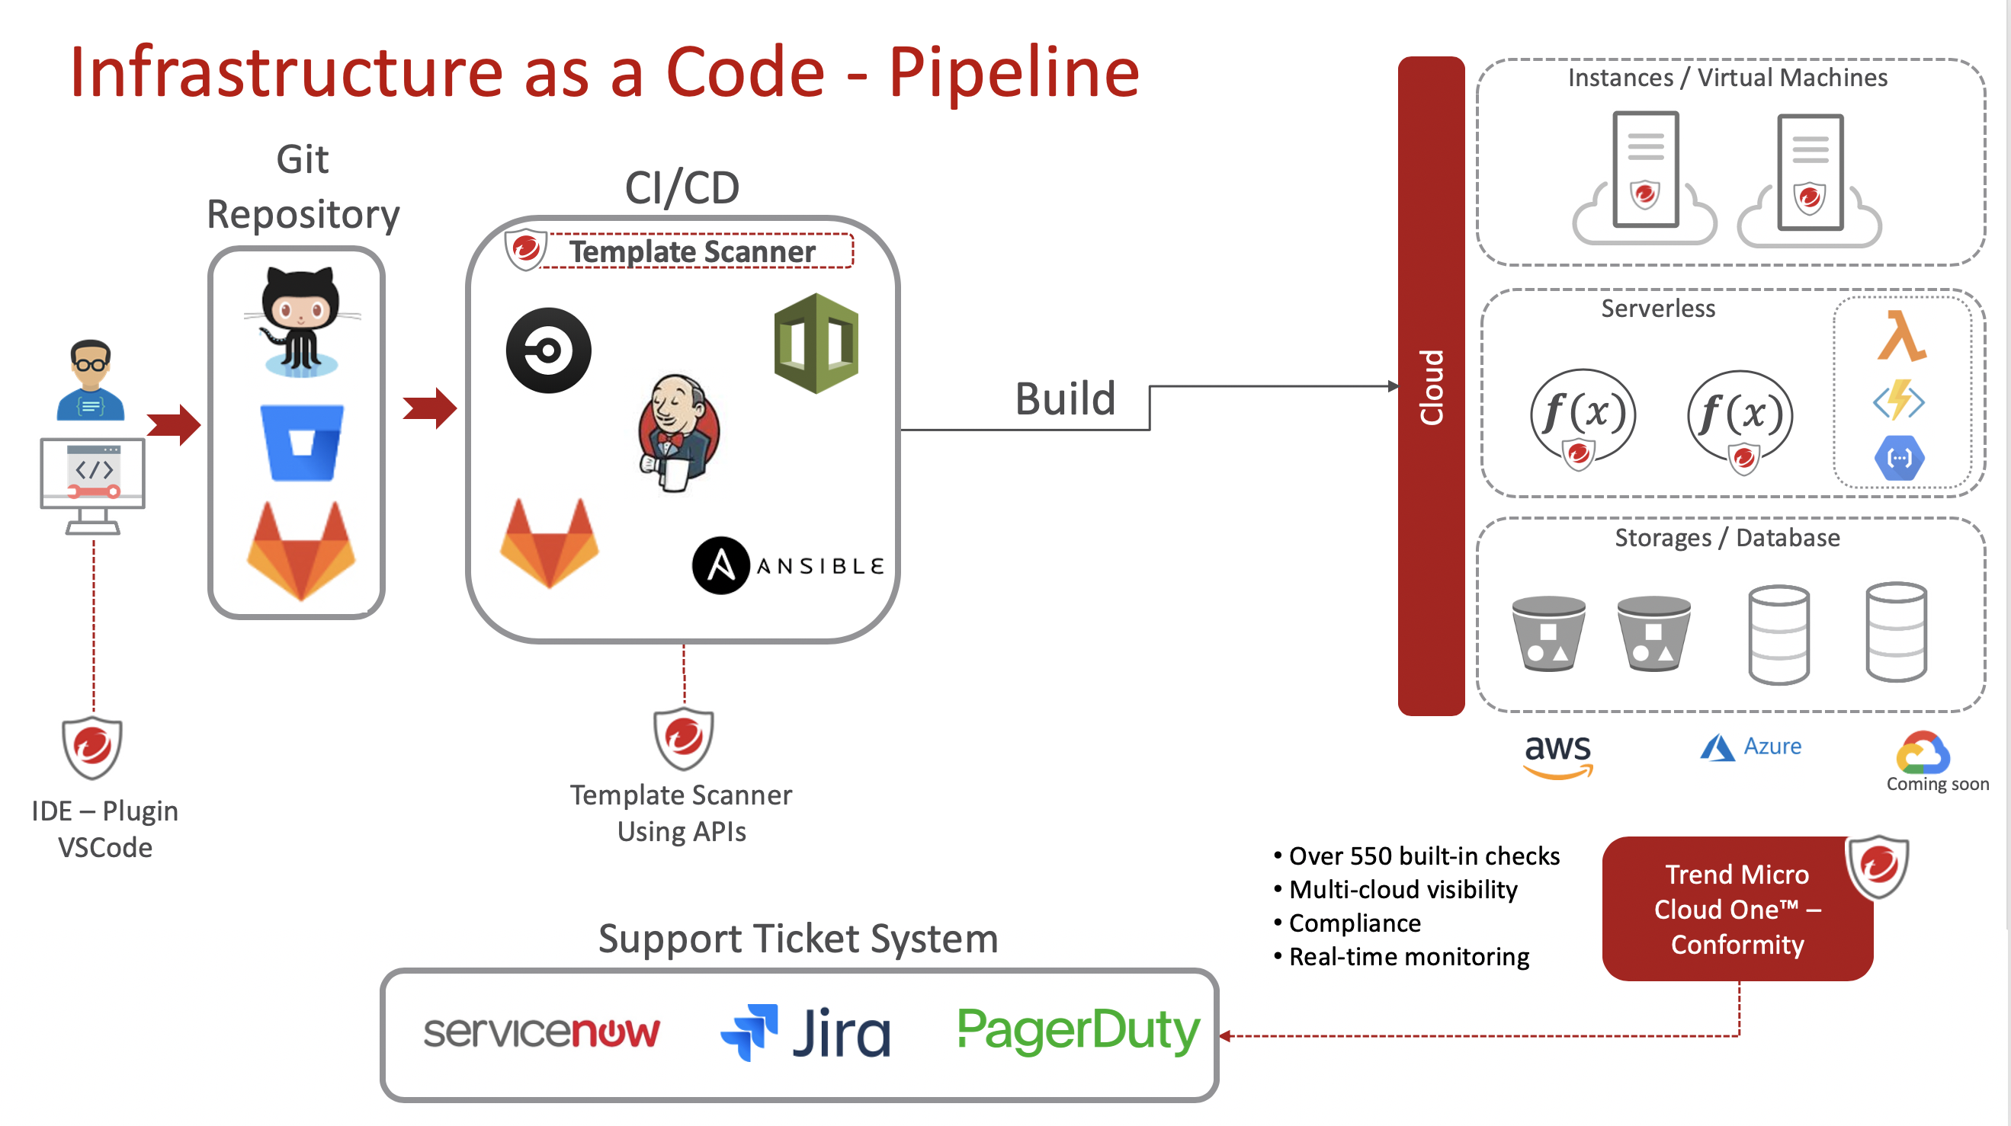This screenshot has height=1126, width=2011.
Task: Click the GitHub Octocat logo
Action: coord(301,321)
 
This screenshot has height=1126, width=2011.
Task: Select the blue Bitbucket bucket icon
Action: coord(301,442)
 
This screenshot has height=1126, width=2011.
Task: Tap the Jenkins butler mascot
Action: coord(678,433)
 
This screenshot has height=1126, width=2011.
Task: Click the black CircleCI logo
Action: coord(548,350)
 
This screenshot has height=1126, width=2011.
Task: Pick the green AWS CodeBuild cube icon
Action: coord(816,344)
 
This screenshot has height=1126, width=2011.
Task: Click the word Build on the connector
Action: coord(1065,398)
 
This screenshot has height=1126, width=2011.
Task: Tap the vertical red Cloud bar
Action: coord(1431,386)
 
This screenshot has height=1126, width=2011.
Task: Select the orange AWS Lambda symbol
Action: coord(1901,336)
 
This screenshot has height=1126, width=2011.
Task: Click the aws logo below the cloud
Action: coord(1557,754)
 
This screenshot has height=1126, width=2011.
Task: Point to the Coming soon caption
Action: coord(1938,783)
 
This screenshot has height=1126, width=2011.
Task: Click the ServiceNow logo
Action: coord(541,1032)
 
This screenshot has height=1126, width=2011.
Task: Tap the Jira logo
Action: coord(805,1032)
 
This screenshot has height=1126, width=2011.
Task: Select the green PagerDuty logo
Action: coord(1078,1031)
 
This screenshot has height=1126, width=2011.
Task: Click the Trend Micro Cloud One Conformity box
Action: coord(1737,909)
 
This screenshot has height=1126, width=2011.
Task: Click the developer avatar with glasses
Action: coord(91,380)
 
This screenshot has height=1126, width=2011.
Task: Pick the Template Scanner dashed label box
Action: coord(692,251)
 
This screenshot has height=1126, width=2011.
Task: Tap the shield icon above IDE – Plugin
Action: coord(92,747)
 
